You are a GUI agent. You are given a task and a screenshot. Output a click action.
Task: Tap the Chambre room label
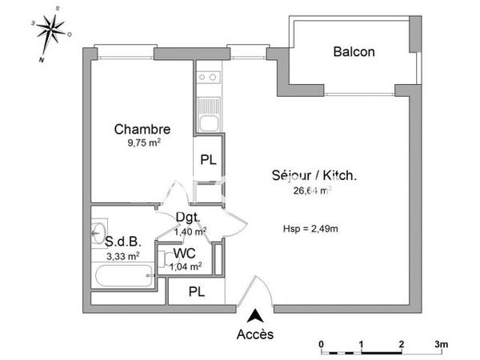(142, 129)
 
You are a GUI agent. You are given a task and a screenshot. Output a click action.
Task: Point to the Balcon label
(354, 52)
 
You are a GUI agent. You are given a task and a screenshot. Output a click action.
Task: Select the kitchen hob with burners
(209, 78)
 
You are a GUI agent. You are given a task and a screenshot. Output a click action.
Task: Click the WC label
(184, 254)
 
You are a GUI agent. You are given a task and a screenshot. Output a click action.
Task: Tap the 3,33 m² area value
(122, 256)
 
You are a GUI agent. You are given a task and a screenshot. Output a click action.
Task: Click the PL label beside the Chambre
(208, 159)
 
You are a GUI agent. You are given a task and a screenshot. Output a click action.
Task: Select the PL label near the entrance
(196, 292)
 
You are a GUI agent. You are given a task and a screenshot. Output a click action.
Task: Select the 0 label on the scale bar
(322, 343)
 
